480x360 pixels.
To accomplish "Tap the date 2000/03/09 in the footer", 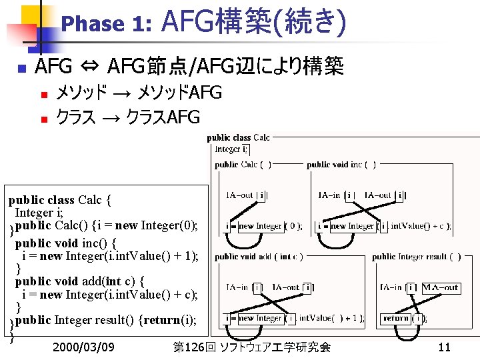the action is [x=83, y=347].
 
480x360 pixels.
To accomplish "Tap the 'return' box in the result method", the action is [x=395, y=319].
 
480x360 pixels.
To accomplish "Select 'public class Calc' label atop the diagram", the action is [x=238, y=138].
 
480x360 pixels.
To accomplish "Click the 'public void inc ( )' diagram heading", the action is [x=341, y=165].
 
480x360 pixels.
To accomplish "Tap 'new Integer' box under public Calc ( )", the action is [x=260, y=227].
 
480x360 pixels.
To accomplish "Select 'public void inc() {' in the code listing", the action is [x=66, y=243].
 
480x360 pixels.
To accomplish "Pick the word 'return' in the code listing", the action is [x=161, y=320].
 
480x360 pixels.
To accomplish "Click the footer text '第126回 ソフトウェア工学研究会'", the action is [x=251, y=347].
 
